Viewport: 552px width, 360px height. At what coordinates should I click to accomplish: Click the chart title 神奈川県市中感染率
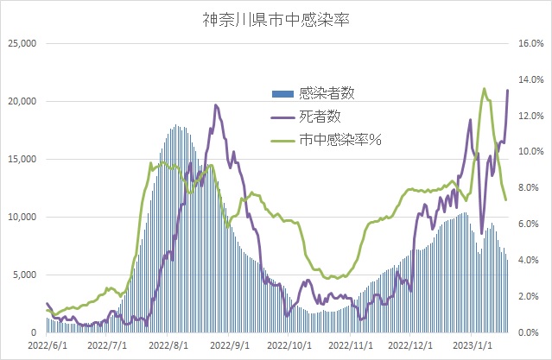(x=276, y=18)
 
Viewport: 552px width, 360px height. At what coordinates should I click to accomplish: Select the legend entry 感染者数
(x=325, y=93)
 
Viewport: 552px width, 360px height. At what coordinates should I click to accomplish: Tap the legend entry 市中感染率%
(x=339, y=138)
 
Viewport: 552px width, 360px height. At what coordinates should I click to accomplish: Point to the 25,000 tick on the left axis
(x=21, y=43)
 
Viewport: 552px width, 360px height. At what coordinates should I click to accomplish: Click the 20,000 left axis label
(x=21, y=101)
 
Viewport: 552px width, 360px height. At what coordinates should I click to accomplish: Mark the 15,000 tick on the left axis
(x=21, y=159)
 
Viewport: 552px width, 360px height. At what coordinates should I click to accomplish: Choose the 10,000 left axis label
(x=21, y=217)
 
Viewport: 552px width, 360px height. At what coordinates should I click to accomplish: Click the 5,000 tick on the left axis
(x=23, y=275)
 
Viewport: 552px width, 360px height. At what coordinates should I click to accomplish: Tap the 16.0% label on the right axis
(x=529, y=43)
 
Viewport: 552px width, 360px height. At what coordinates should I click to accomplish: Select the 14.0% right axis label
(x=529, y=79)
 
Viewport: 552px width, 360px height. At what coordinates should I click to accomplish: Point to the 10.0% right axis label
(x=529, y=152)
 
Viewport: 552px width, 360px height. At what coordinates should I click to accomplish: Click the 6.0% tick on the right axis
(x=530, y=224)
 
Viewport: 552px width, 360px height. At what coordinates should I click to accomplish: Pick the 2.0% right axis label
(x=530, y=296)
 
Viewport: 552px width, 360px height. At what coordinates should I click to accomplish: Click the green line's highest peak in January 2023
(x=484, y=89)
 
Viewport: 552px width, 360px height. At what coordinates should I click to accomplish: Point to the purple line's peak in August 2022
(x=215, y=105)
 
